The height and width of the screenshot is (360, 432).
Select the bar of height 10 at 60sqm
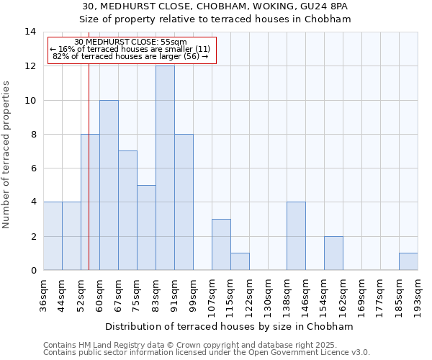pyautogui.click(x=109, y=185)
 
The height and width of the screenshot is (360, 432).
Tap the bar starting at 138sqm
pyautogui.click(x=296, y=236)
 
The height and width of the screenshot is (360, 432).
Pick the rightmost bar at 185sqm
pyautogui.click(x=408, y=261)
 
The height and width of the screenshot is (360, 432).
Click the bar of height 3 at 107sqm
pyautogui.click(x=221, y=245)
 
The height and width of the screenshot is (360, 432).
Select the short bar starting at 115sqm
pyautogui.click(x=240, y=261)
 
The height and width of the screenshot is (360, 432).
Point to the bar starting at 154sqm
pyautogui.click(x=333, y=253)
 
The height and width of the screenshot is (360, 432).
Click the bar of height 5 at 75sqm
pyautogui.click(x=146, y=228)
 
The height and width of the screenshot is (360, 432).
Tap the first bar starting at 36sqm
pyautogui.click(x=53, y=236)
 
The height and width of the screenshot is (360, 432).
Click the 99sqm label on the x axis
pyautogui.click(x=194, y=293)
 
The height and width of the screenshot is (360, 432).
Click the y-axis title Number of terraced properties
pyautogui.click(x=7, y=155)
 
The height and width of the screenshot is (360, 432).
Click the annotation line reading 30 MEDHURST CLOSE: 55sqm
pyautogui.click(x=130, y=42)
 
